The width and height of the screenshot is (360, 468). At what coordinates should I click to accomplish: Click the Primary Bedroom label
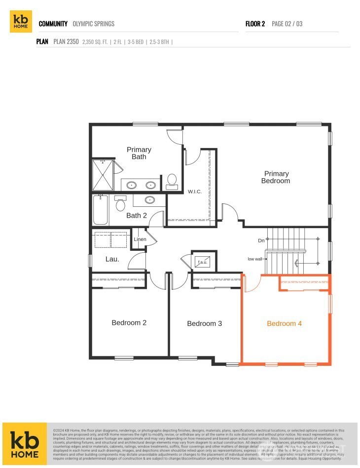coord(276,177)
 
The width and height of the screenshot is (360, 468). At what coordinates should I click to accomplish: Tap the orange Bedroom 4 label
coord(284,324)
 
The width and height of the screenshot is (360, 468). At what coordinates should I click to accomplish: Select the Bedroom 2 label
coord(129,323)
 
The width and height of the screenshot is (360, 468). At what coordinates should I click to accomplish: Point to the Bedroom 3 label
coord(204,324)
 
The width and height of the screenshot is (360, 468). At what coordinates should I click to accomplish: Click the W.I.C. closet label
coord(195,192)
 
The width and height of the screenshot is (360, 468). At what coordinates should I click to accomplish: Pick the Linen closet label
coord(140,240)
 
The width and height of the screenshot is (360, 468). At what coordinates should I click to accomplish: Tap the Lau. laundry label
coord(112,259)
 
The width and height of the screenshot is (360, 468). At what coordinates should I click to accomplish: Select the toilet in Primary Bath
coord(172,181)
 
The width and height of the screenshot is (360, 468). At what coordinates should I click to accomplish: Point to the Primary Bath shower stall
coord(103,175)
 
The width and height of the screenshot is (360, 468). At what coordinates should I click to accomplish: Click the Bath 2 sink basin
coord(149,200)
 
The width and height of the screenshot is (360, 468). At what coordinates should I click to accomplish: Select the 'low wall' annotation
coord(255,259)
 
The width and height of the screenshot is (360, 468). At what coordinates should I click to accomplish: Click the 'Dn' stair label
coord(261,240)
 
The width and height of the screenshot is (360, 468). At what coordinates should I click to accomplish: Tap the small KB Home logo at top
coord(21,22)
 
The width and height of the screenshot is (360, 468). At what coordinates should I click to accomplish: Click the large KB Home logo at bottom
coord(25,443)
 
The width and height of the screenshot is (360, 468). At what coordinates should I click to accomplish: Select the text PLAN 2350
coord(66,42)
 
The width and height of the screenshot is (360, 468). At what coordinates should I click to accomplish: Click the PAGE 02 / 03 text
coord(287,24)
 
